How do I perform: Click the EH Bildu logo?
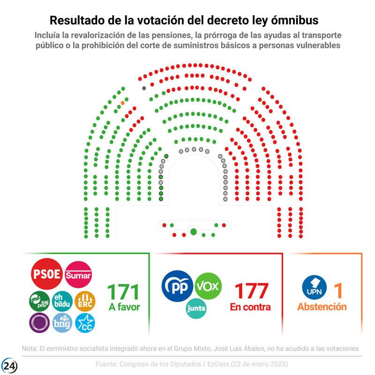62,301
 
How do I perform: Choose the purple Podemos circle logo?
39,323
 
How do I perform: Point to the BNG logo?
62,323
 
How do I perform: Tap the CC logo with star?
85,323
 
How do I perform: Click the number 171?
124,292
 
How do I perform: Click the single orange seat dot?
123,103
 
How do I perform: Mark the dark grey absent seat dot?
144,88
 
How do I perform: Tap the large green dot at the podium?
194,232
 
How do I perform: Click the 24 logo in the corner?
10,365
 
